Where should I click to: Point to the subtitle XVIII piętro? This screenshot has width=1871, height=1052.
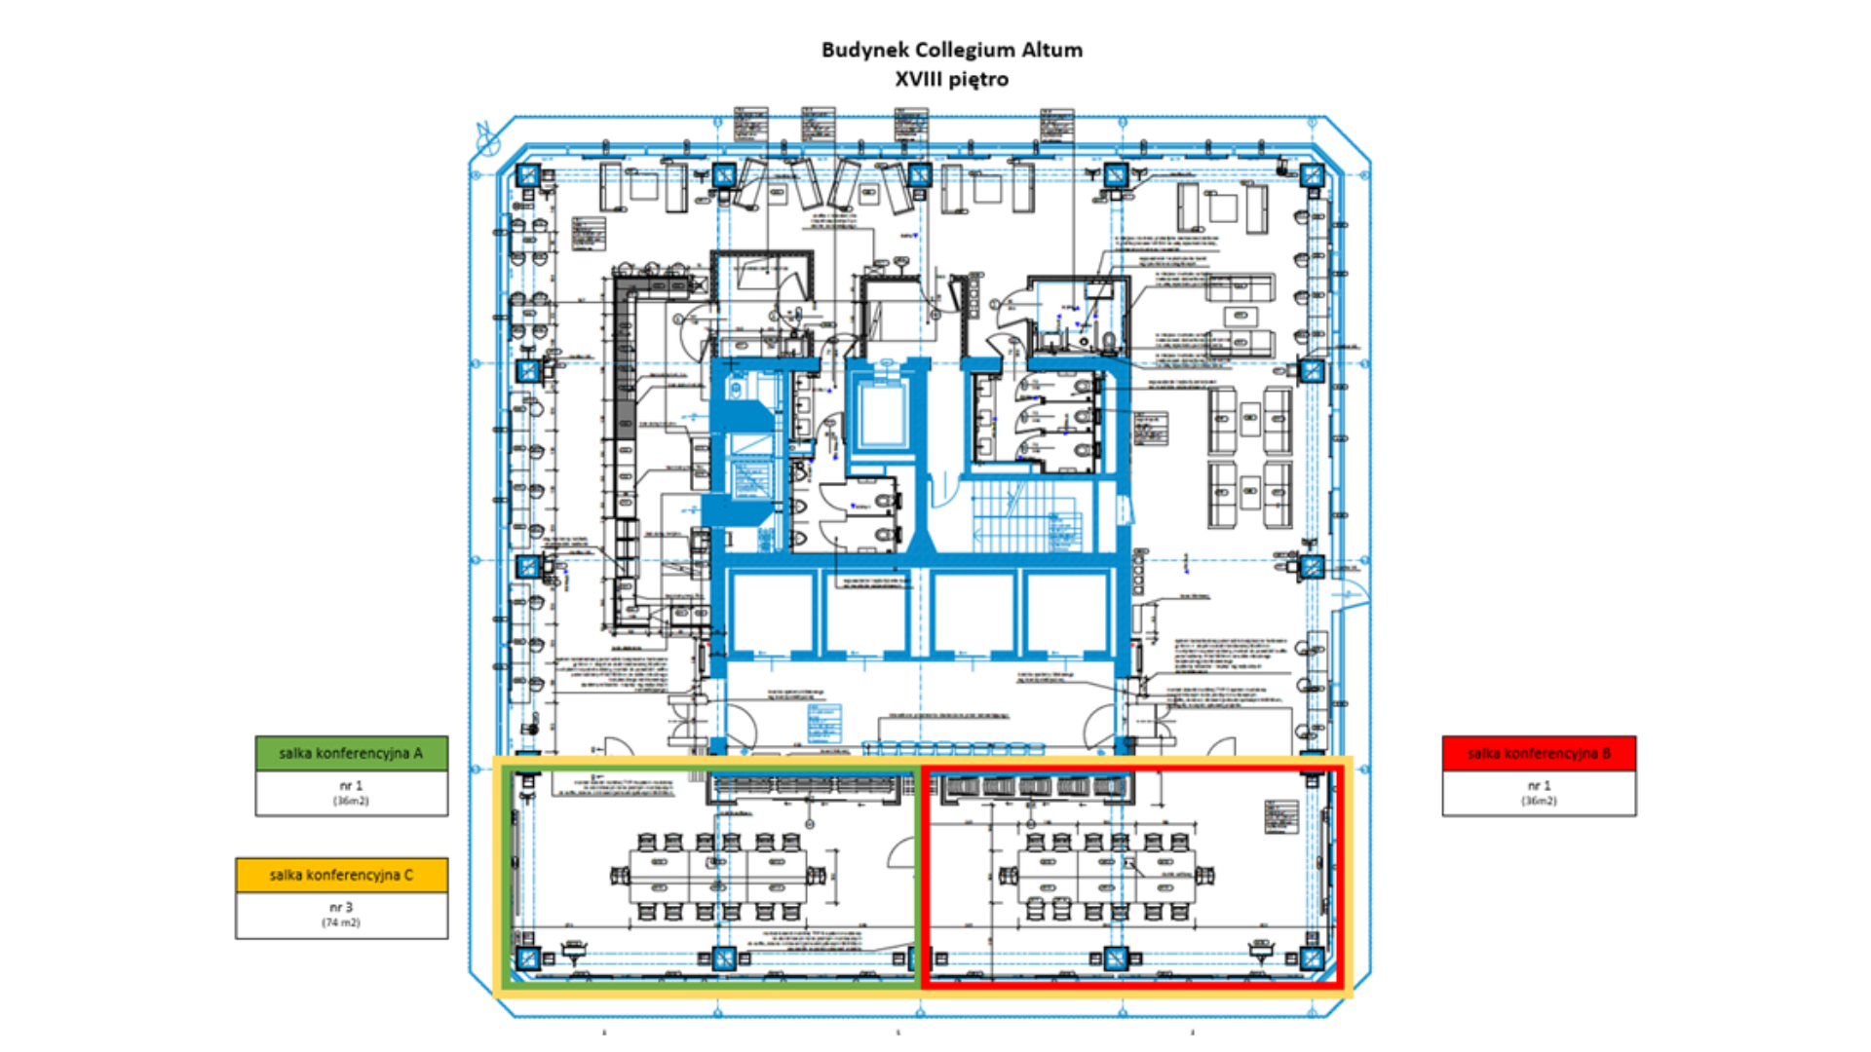[951, 79]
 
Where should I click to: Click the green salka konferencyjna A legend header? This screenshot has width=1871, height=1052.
[351, 753]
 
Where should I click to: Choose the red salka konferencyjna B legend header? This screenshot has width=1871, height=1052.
[1539, 753]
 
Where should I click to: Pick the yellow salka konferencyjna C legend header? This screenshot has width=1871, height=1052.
[341, 875]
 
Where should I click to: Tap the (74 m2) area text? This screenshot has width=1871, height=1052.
[341, 922]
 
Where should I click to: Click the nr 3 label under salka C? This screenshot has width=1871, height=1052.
[341, 907]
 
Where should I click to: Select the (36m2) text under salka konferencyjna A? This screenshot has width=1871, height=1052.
[351, 801]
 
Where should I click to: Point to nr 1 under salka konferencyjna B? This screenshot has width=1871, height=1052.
[1539, 785]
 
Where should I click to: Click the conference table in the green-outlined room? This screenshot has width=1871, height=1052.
[718, 875]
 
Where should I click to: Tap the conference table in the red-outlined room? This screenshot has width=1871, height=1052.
[1106, 875]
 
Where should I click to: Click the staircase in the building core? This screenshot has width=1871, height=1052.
[1023, 516]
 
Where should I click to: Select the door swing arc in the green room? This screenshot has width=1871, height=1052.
[898, 852]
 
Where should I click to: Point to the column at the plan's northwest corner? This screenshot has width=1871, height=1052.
[528, 175]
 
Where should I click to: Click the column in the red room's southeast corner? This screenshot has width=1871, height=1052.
[1312, 958]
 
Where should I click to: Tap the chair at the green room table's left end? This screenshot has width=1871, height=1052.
[620, 876]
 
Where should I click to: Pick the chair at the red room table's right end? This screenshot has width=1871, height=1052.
[1206, 876]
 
